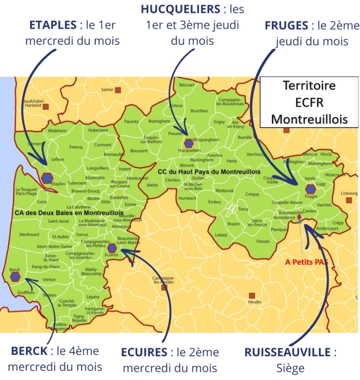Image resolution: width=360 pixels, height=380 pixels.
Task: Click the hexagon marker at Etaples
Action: pos(47,178)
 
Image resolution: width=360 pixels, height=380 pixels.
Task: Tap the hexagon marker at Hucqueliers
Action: pos(189,143)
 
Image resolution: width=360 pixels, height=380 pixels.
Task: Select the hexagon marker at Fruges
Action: pos(310,189)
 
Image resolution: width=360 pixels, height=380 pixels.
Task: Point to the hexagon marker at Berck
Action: pos(15,276)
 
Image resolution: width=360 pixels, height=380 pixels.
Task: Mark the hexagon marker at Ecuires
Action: pos(112,248)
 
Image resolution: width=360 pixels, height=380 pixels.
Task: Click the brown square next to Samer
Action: pos(118,90)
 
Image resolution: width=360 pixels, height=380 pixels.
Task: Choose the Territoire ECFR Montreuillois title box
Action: pos(309,102)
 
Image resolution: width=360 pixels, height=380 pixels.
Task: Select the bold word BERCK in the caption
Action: pos(30,351)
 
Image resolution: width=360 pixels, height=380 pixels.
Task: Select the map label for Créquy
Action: pos(252,194)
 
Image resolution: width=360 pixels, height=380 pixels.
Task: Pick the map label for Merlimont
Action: pos(30,234)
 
